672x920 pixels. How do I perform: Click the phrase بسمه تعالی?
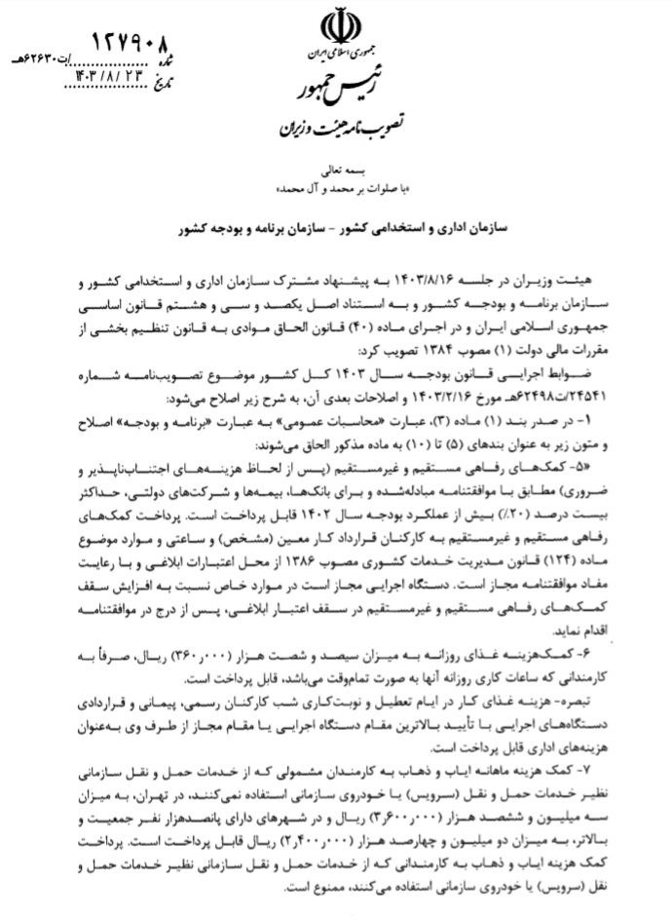pos(336,168)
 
